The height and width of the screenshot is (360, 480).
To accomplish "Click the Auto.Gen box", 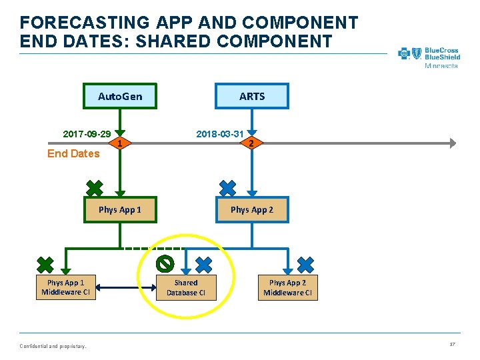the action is (x=120, y=97).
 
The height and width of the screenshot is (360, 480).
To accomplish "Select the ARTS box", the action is (x=252, y=97).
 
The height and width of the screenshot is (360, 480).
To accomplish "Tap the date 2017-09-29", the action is (x=87, y=134).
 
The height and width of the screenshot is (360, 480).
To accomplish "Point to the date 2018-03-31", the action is (x=219, y=134).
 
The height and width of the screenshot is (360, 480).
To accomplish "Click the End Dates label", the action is (x=73, y=154).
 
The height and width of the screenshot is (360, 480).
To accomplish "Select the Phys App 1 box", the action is (x=120, y=210).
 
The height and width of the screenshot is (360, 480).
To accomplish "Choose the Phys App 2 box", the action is (x=252, y=210).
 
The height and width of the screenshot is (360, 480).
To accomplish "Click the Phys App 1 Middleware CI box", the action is (x=65, y=287).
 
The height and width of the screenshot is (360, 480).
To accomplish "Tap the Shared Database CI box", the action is (x=186, y=287).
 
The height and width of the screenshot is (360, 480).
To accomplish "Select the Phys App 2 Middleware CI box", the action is (x=288, y=287).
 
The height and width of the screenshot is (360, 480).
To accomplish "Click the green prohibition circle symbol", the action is (x=165, y=263).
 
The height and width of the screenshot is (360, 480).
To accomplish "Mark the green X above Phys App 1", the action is (x=95, y=188).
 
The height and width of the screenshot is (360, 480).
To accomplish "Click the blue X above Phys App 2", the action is (x=228, y=188).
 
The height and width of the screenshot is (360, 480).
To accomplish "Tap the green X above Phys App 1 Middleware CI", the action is (x=45, y=265).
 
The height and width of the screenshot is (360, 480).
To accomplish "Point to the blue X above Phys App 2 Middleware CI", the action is (x=305, y=265).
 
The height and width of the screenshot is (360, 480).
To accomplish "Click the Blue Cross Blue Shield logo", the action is (x=429, y=56).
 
